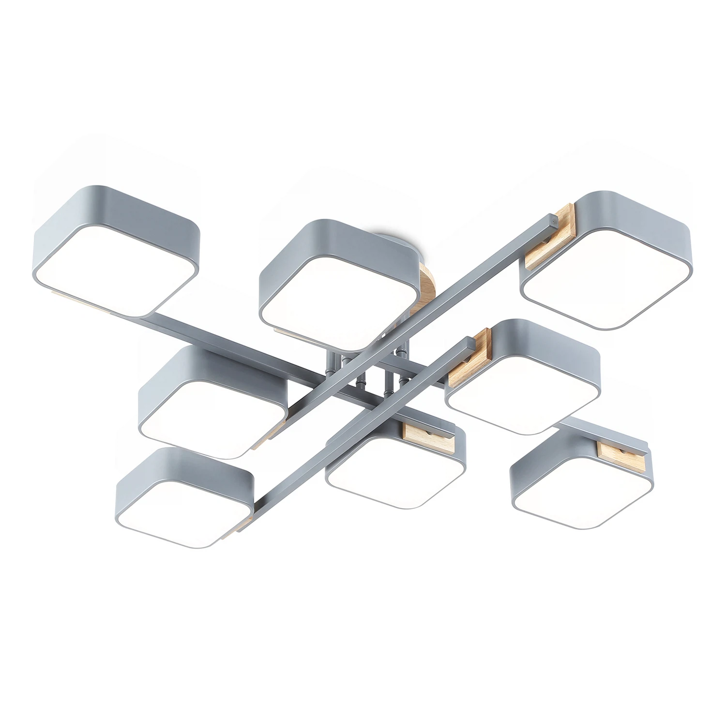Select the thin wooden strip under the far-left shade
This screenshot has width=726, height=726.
[82, 301]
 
